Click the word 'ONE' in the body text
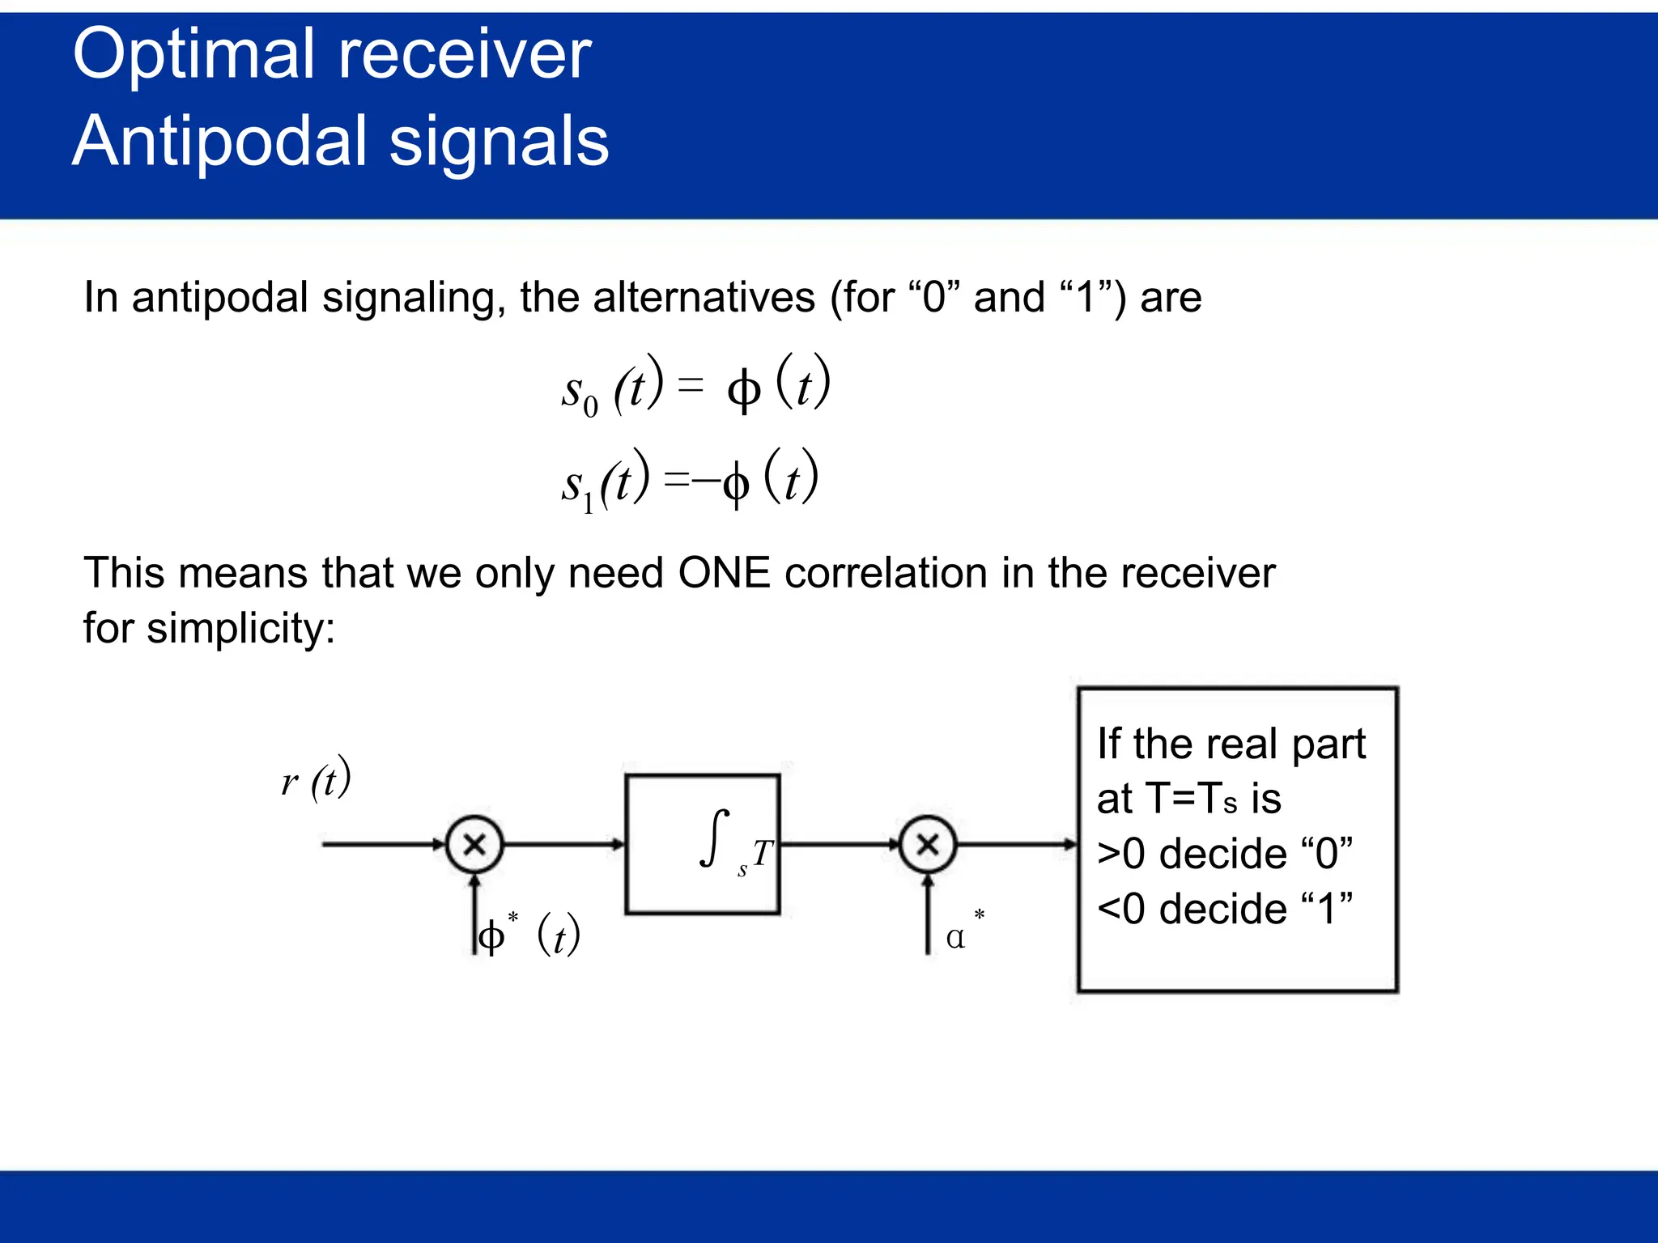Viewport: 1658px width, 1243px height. point(724,573)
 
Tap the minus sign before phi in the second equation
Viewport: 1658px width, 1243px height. point(706,482)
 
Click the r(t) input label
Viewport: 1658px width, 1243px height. point(317,779)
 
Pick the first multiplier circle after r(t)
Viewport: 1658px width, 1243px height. point(474,844)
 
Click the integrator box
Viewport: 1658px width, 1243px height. point(702,844)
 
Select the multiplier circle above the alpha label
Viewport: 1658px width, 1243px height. point(928,844)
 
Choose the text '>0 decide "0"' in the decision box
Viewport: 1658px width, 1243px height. point(1224,855)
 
